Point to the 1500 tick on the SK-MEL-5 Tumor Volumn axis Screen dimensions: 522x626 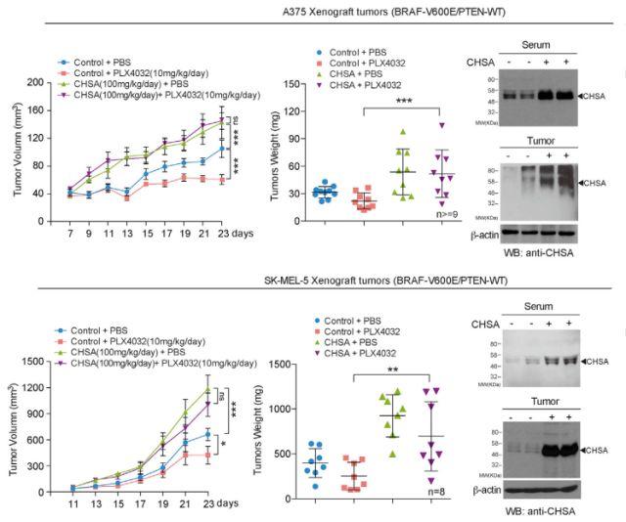tap(34, 363)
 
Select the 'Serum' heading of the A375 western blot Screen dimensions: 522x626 tap(536, 46)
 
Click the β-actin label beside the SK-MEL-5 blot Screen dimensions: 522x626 tap(484, 486)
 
